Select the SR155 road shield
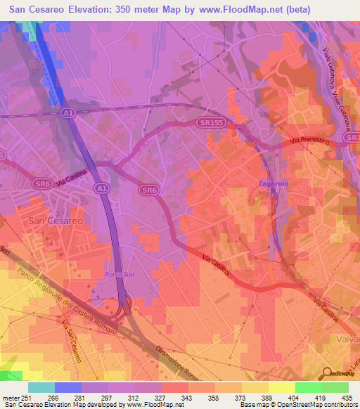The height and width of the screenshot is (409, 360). tap(205, 122)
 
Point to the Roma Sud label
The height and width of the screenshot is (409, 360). tap(119, 273)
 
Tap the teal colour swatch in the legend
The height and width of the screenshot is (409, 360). tap(41, 387)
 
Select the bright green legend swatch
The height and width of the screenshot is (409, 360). tap(308, 387)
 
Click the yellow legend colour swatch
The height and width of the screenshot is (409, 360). tap(281, 387)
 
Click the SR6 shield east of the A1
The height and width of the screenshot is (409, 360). tap(148, 190)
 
